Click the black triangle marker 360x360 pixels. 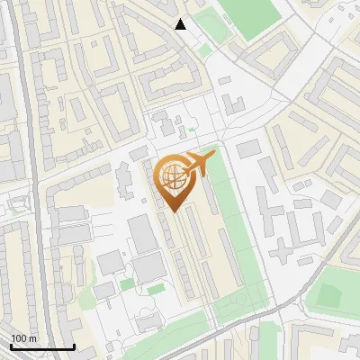(181, 24)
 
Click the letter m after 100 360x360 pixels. (33, 338)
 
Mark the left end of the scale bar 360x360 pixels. (11, 346)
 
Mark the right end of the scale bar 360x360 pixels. (74, 346)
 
